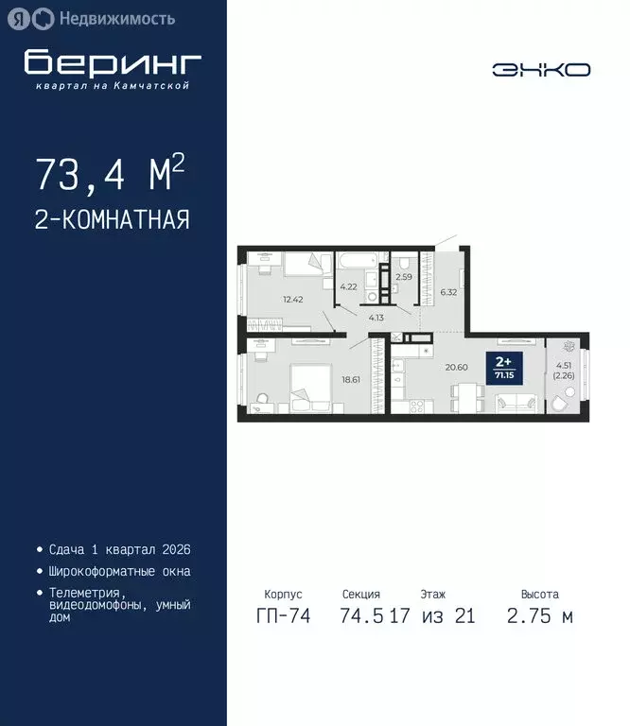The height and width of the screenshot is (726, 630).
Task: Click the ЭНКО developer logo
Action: point(541,69)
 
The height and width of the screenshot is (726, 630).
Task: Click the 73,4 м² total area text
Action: point(109,174)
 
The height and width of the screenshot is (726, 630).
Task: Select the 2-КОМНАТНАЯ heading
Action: point(112,220)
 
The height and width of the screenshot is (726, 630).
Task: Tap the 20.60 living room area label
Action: point(457,367)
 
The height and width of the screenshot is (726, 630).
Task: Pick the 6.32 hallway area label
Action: point(447,292)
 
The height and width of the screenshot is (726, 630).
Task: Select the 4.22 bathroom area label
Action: point(348,285)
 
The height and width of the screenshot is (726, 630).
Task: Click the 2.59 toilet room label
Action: point(404,276)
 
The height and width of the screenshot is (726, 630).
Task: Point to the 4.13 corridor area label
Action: point(376,318)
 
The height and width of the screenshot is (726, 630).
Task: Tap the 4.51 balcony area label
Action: point(563,369)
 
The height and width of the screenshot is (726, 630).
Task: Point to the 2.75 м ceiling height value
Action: point(539,616)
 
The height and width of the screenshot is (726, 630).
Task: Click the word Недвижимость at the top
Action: point(116,18)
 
